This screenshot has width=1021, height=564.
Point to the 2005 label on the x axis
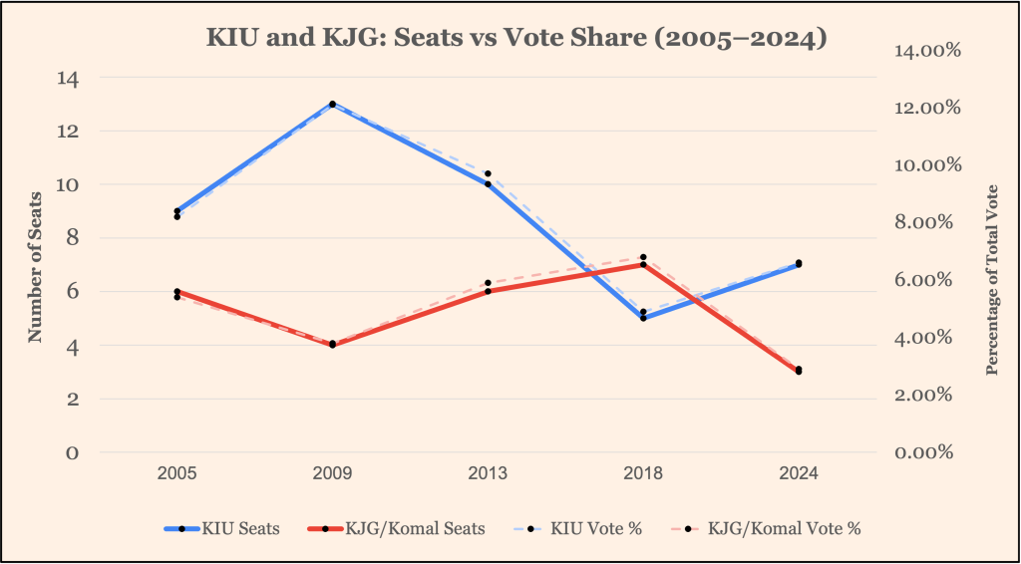[x=176, y=474]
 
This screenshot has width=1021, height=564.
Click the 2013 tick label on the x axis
[x=488, y=474]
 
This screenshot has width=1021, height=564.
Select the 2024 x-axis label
[x=799, y=474]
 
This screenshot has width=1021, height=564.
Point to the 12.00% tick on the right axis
[x=924, y=108]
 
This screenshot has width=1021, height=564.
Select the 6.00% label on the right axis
[x=924, y=280]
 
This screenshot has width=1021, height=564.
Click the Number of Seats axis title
[x=36, y=266]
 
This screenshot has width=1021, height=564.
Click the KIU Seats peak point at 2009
[x=332, y=104]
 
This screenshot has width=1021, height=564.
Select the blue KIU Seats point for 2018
[x=643, y=318]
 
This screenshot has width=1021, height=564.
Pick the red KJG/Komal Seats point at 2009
[x=332, y=345]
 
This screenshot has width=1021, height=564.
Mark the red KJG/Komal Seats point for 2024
[x=799, y=372]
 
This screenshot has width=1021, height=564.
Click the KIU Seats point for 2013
[x=488, y=184]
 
